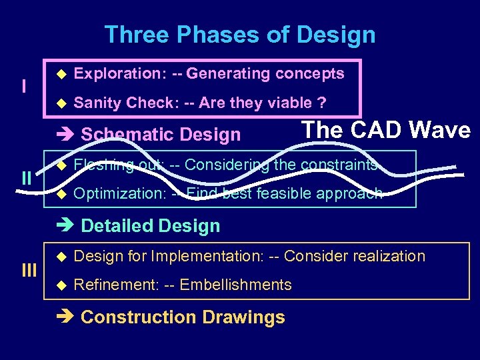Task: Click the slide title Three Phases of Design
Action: pos(240,35)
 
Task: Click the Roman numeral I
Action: pos(24,87)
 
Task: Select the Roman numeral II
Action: pos(27,178)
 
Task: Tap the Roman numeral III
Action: pos(29,270)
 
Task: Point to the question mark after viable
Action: pos(322,103)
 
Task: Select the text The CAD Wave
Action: pos(386,129)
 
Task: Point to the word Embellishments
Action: pos(236,285)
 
